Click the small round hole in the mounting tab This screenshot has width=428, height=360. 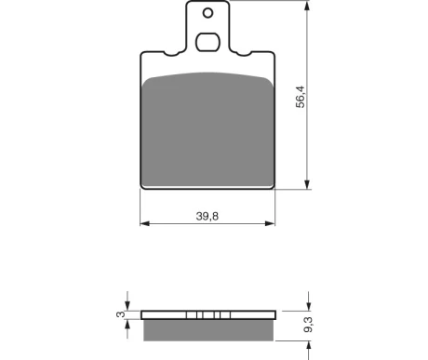coord(207,13)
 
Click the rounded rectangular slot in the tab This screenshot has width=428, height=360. coord(207,42)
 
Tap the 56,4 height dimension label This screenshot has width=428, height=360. coord(301,97)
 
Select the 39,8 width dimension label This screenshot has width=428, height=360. coord(207,216)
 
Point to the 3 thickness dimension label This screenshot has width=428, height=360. coord(120,314)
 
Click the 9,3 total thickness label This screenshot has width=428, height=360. coord(308,325)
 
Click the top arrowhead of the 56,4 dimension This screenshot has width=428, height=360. coord(307,5)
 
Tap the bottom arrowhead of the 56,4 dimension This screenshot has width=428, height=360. coord(307,184)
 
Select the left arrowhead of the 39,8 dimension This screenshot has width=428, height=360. coord(145,223)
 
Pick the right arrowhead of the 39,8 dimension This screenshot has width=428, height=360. coord(270,223)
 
